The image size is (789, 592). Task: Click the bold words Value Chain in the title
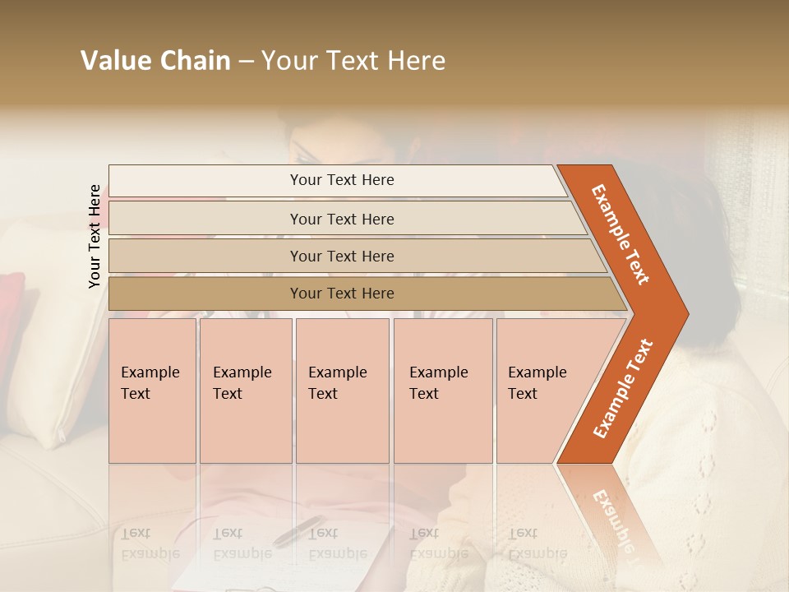point(155,61)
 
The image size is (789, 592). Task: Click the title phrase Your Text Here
point(353,61)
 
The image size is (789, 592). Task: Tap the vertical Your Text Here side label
point(95,236)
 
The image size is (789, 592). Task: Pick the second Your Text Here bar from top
point(342,219)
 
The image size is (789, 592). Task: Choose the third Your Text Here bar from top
point(342,256)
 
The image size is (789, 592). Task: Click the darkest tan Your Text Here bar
point(342,294)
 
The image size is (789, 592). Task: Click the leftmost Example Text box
point(152,390)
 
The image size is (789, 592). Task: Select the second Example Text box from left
point(246,390)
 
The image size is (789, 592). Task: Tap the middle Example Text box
point(342,390)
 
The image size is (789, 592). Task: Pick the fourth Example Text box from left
point(443,390)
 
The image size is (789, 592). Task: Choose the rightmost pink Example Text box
point(542,390)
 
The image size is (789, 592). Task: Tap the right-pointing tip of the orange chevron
point(685,314)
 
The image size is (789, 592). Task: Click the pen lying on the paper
point(298,530)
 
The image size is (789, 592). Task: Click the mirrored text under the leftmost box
point(150,543)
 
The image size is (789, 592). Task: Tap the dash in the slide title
point(246,61)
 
